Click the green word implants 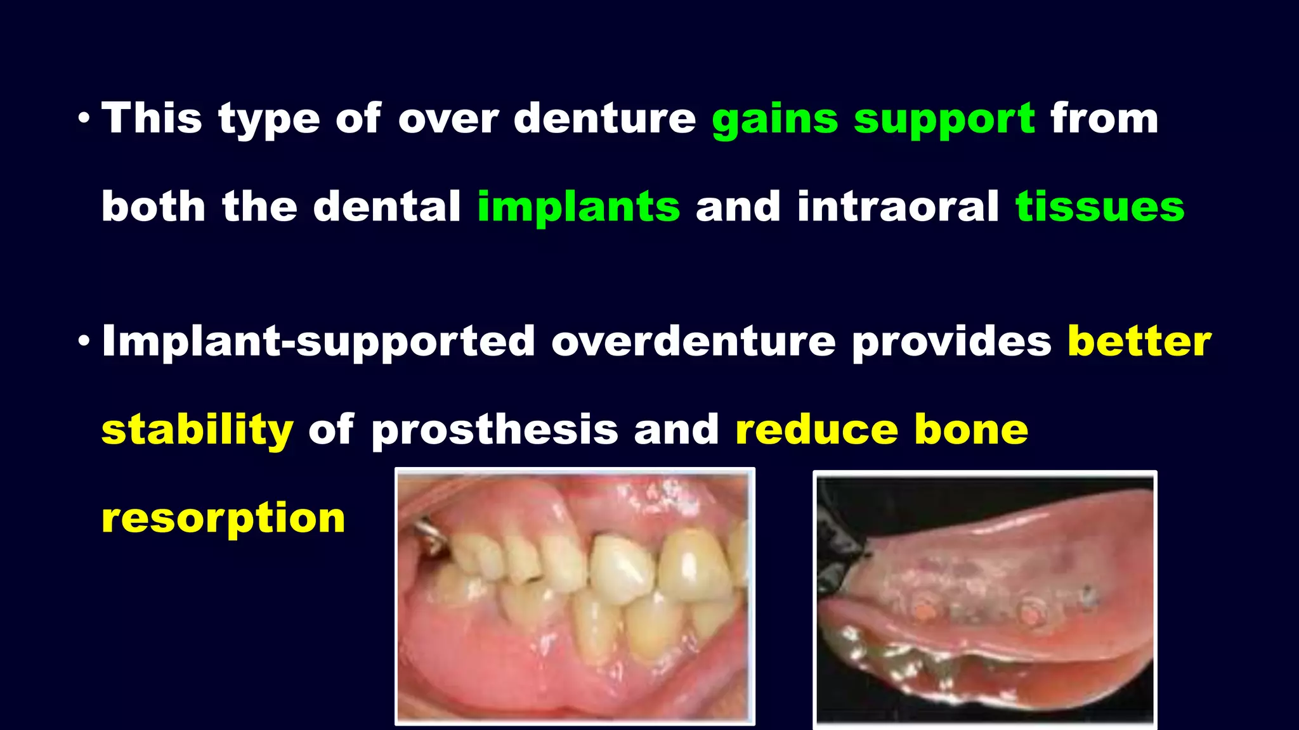click(x=578, y=208)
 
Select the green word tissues click(x=1100, y=208)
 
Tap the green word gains click(x=774, y=119)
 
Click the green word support click(x=944, y=119)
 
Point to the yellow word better click(x=1139, y=342)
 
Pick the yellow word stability click(x=197, y=431)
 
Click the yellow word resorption click(x=223, y=518)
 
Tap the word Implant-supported click(x=318, y=342)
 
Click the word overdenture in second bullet click(x=693, y=342)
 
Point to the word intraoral click(x=898, y=208)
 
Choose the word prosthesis click(x=495, y=431)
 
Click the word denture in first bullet click(x=604, y=119)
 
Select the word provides click(x=951, y=342)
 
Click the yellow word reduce click(x=816, y=430)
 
